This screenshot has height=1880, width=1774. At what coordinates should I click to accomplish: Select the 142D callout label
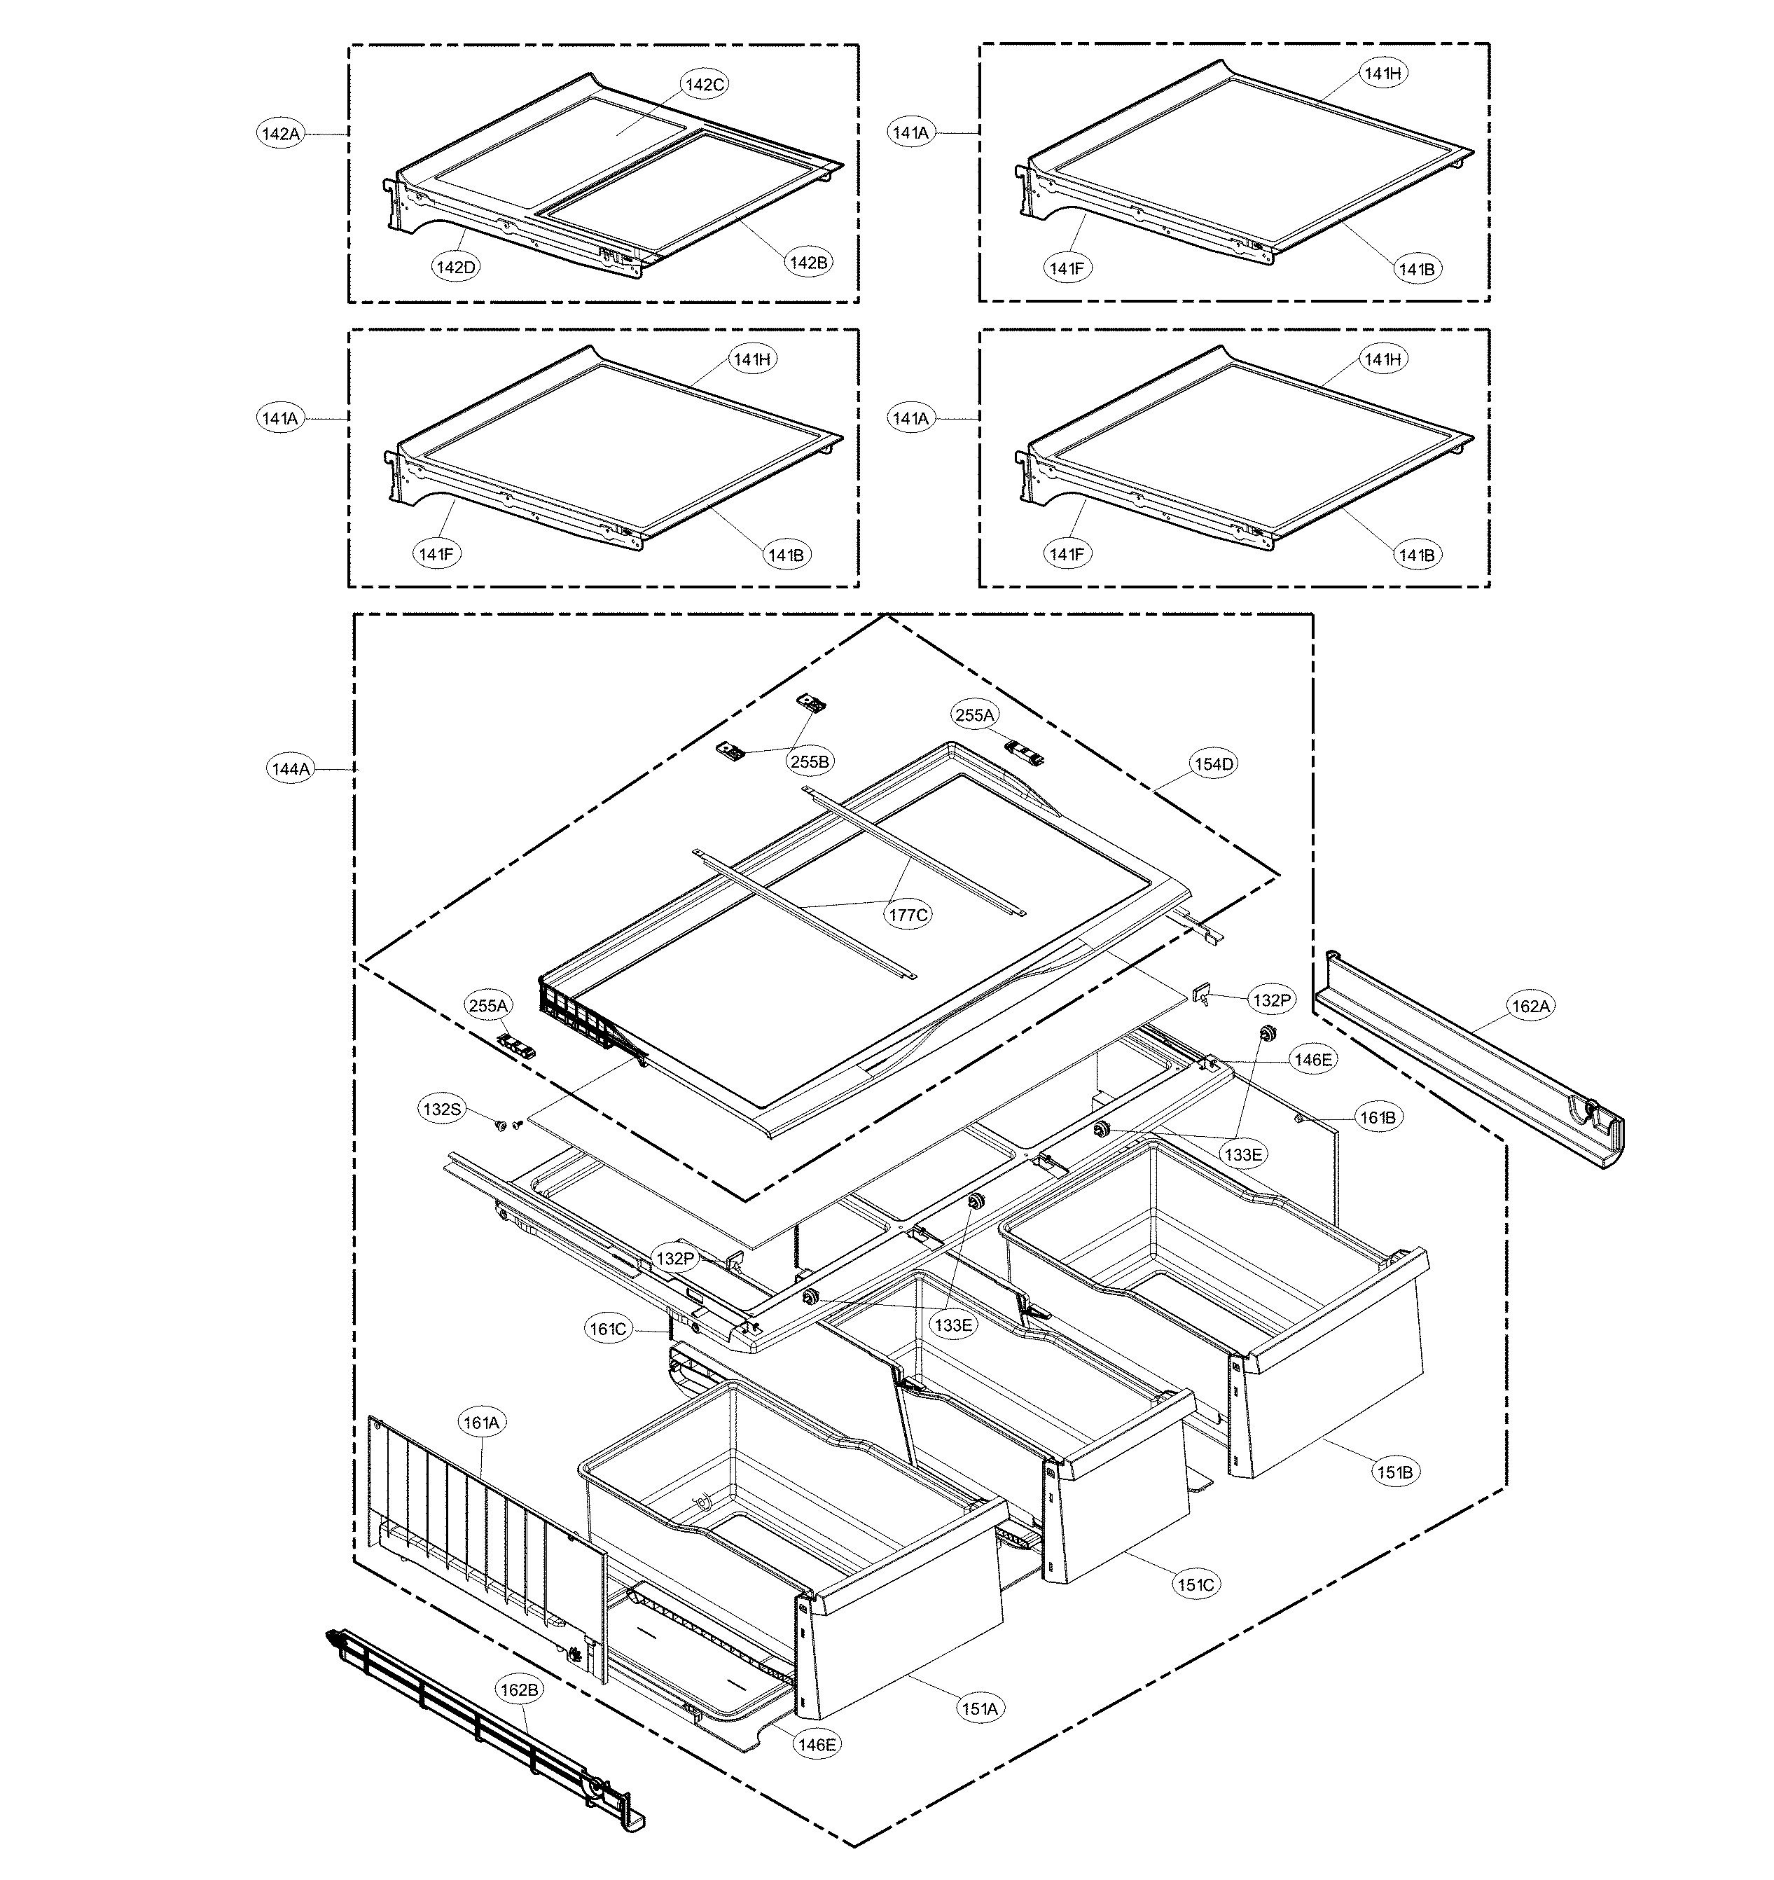pos(457,267)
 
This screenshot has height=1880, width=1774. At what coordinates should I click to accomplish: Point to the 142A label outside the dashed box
pos(280,134)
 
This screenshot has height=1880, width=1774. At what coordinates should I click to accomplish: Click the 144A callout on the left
pos(291,769)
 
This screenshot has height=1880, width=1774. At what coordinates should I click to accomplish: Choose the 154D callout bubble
pos(1213,764)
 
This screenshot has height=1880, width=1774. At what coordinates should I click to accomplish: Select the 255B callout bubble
pos(811,759)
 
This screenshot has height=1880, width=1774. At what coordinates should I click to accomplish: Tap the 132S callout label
pos(442,1110)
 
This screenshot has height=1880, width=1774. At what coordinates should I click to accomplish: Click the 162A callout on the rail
pos(1530,1007)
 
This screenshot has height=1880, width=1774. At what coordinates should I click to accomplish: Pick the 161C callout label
pos(608,1329)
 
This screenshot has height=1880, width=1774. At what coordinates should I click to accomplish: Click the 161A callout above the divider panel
pos(483,1421)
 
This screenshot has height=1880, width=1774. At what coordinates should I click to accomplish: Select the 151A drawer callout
pos(980,1708)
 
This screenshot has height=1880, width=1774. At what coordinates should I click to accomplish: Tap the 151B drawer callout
pos(1395,1472)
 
